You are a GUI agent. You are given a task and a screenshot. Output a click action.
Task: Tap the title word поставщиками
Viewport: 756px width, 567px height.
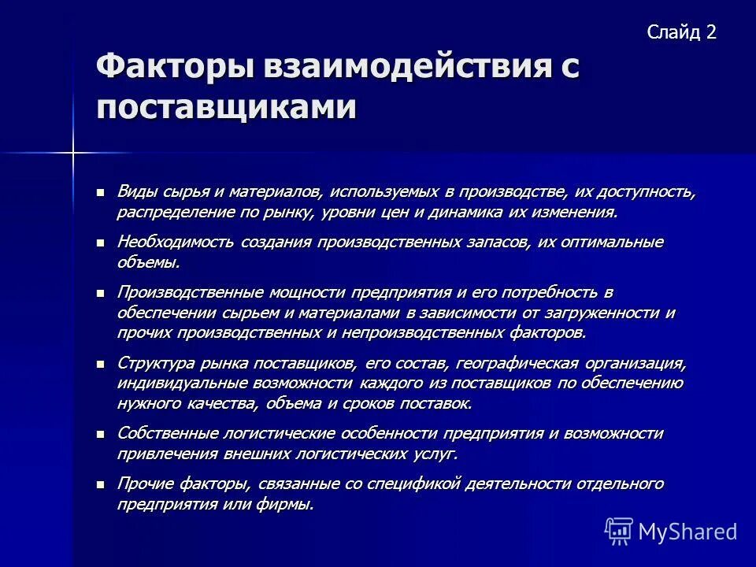226,107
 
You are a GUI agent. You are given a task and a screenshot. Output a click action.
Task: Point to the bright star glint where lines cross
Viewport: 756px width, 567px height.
72,152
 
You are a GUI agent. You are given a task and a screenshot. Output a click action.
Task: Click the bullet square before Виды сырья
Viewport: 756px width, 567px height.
100,192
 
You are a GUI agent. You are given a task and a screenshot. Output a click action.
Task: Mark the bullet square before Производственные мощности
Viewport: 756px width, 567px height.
100,292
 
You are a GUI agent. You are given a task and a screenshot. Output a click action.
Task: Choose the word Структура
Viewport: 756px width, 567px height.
154,363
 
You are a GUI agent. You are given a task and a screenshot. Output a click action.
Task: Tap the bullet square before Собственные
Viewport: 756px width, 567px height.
100,434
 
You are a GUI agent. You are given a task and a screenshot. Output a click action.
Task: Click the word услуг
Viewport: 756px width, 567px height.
435,454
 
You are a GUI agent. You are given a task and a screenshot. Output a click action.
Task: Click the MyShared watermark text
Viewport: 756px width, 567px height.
687,532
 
